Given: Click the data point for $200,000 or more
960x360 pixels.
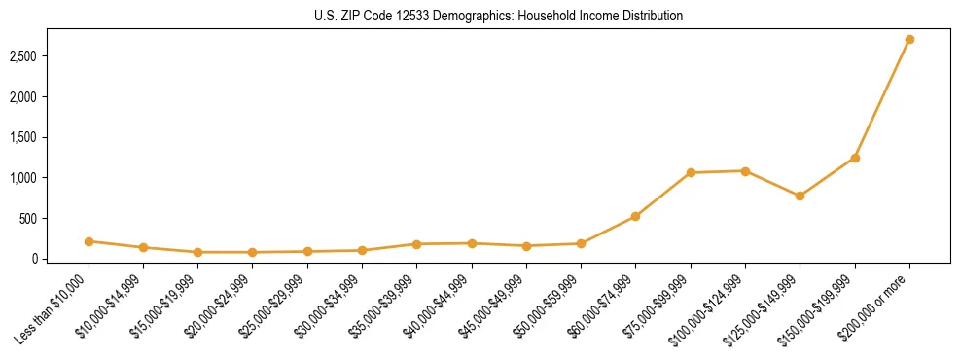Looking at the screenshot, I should (909, 40).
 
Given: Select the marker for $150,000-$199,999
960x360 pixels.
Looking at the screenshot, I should (855, 158).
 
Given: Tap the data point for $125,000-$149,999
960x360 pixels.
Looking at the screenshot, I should (800, 196).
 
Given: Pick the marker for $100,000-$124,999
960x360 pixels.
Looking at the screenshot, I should (745, 171).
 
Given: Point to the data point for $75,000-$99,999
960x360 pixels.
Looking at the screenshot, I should (691, 173).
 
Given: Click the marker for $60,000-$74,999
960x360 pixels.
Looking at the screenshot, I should (635, 216).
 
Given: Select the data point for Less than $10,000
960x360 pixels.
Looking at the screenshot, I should (89, 241).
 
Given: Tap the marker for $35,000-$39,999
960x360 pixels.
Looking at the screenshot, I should (416, 244).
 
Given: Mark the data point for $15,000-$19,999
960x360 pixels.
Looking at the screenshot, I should (197, 252).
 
